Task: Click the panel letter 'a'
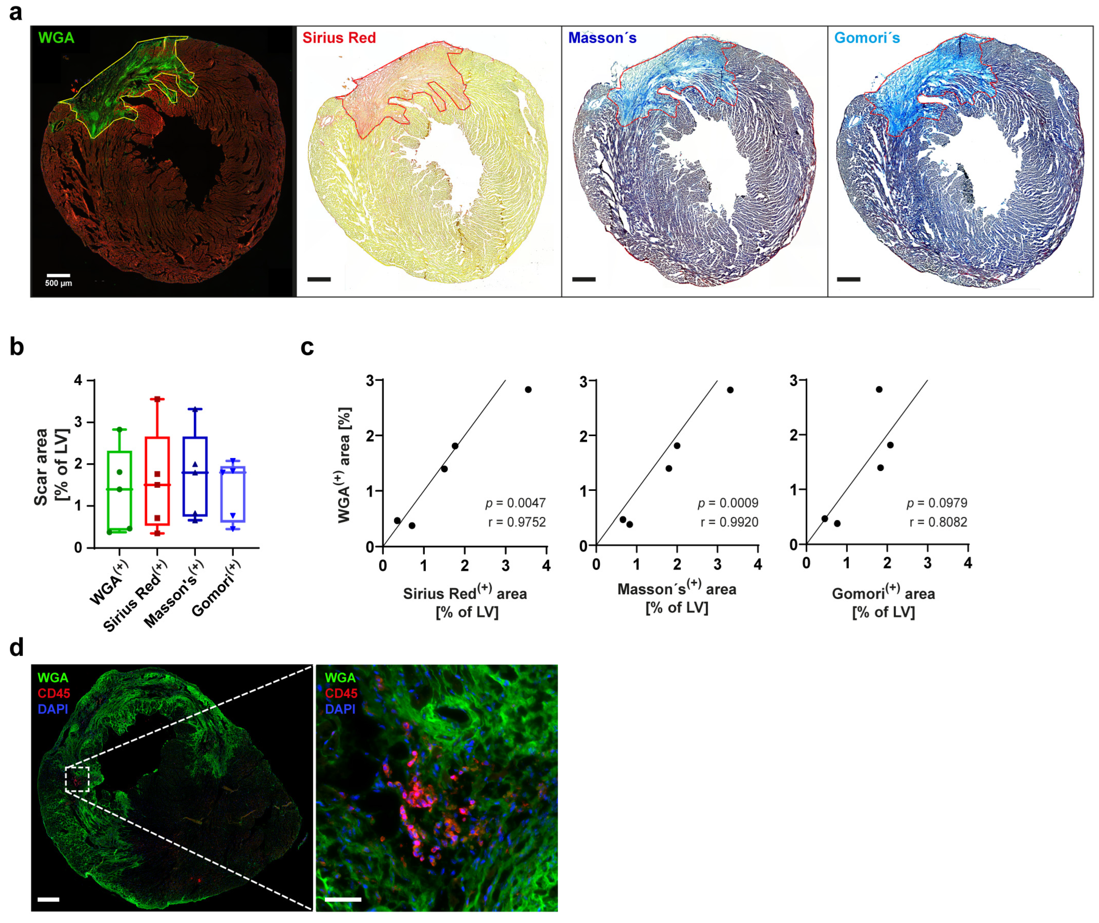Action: pos(16,11)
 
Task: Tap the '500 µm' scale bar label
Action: pos(58,283)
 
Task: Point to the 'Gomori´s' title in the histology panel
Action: pos(867,38)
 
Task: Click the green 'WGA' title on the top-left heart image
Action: pos(56,38)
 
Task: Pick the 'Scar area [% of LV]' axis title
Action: pos(51,466)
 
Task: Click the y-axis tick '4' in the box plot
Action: pos(78,381)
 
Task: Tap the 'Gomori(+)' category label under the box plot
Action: pos(217,588)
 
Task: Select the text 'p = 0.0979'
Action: pos(937,503)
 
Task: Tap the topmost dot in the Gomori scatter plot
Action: pos(879,389)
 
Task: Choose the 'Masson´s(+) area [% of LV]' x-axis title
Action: pos(677,598)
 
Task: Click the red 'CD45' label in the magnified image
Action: pos(341,693)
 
